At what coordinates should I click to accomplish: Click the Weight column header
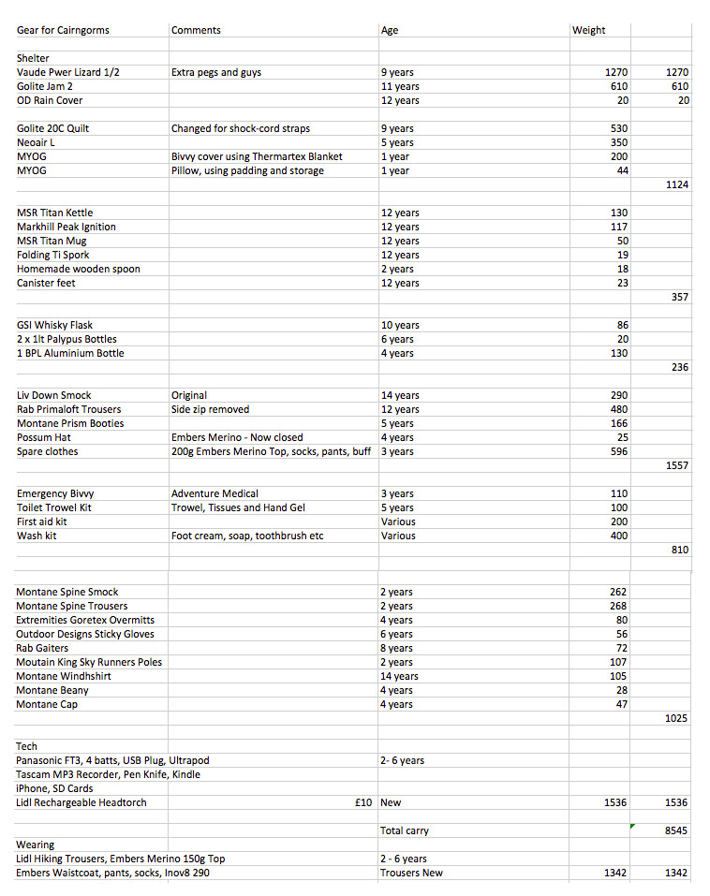(x=588, y=30)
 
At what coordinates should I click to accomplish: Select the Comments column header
(x=196, y=30)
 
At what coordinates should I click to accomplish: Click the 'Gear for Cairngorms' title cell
(x=63, y=30)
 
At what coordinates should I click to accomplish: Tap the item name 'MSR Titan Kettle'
(x=54, y=213)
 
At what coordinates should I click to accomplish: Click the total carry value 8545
(x=675, y=830)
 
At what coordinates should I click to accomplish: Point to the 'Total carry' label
(x=405, y=830)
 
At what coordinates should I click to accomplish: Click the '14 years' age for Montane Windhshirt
(x=399, y=676)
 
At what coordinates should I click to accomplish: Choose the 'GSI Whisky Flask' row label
(x=56, y=325)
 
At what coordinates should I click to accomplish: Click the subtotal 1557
(x=676, y=465)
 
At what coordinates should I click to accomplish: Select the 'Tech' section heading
(x=27, y=746)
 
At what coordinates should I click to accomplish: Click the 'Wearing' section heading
(x=36, y=845)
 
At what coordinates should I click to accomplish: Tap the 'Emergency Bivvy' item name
(x=55, y=493)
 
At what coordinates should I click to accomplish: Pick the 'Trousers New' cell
(x=411, y=873)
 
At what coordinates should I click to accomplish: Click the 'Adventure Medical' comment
(x=214, y=493)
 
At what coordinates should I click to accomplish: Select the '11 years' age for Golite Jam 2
(x=400, y=86)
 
